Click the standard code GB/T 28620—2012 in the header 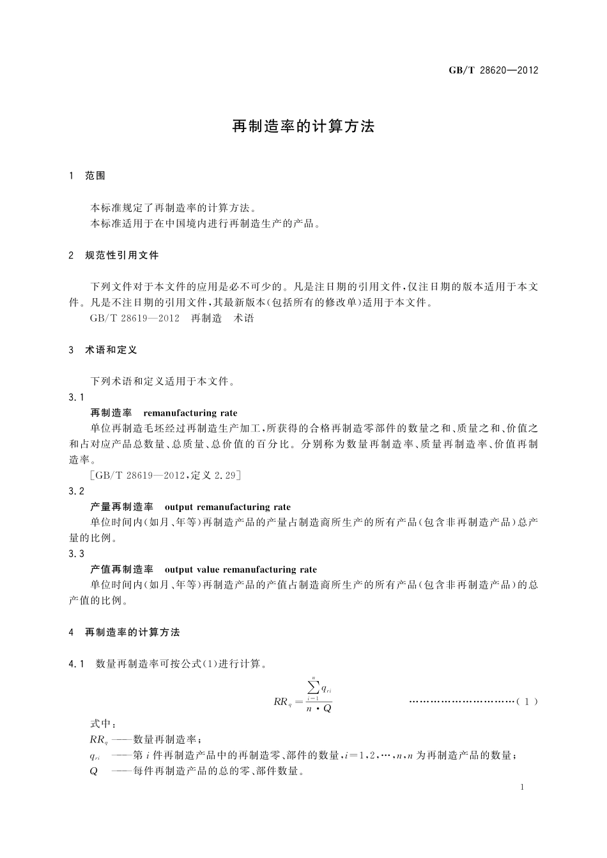click(493, 70)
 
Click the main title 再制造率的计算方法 click(303, 126)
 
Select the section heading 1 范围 click(88, 176)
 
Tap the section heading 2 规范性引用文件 click(114, 255)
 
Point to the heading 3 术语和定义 click(103, 350)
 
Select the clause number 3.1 click(76, 397)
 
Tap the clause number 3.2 click(76, 491)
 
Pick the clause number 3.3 click(76, 553)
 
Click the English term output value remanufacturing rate click(240, 569)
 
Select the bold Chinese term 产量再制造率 click(121, 507)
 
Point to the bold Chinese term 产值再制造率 click(121, 569)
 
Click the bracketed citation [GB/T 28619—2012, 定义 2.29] click(165, 475)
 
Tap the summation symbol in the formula click(313, 687)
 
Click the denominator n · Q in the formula click(319, 708)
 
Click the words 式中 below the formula click(103, 725)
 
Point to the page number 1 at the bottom click(522, 787)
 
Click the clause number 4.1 click(76, 664)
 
